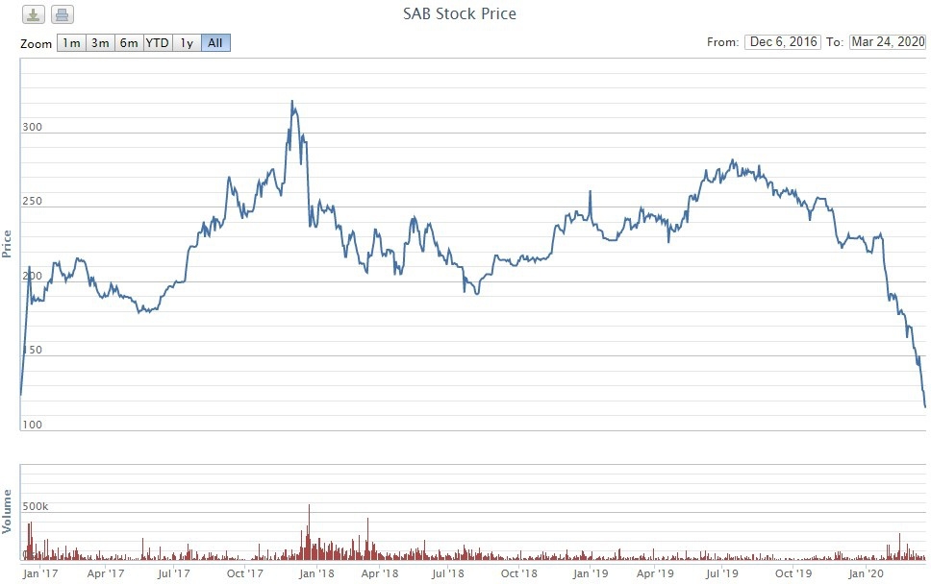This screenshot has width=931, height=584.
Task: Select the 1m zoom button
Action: pyautogui.click(x=71, y=43)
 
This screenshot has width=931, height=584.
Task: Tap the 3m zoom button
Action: pyautogui.click(x=100, y=43)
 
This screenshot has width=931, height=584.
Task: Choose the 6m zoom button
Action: pyautogui.click(x=129, y=43)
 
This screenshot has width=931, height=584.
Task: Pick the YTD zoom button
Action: pyautogui.click(x=158, y=43)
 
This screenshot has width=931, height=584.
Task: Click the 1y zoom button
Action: pyautogui.click(x=187, y=43)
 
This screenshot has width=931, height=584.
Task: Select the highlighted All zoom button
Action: pyautogui.click(x=215, y=43)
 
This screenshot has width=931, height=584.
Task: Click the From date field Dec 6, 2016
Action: pyautogui.click(x=782, y=42)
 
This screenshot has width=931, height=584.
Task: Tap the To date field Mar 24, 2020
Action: pyautogui.click(x=887, y=42)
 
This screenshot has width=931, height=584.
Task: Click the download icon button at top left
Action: pyautogui.click(x=33, y=14)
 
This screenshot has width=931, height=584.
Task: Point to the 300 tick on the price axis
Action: pyautogui.click(x=33, y=127)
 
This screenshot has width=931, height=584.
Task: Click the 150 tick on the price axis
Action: pyautogui.click(x=33, y=351)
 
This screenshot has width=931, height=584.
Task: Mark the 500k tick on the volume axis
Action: pyautogui.click(x=38, y=504)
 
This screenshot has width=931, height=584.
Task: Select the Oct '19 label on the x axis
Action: pyautogui.click(x=793, y=573)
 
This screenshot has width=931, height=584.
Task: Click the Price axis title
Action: pyautogui.click(x=8, y=245)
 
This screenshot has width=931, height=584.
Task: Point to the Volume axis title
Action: pyautogui.click(x=8, y=511)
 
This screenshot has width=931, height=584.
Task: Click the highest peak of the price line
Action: pyautogui.click(x=291, y=101)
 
